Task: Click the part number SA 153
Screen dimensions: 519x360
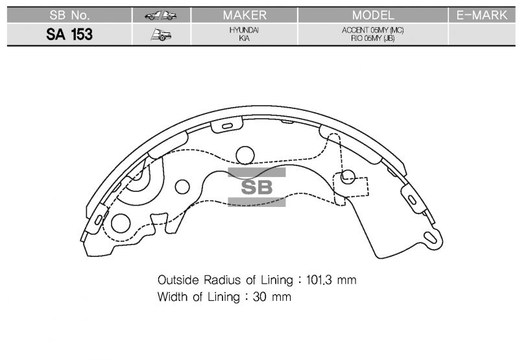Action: click(69, 34)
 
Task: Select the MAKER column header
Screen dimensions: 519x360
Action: click(245, 15)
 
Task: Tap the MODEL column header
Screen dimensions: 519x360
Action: click(373, 15)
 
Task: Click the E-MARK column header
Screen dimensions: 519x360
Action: click(482, 15)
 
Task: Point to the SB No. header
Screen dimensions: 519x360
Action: click(69, 15)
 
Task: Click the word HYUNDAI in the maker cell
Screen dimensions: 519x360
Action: click(244, 30)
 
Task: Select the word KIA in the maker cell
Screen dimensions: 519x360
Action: click(245, 38)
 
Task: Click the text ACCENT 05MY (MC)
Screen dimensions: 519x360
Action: click(372, 30)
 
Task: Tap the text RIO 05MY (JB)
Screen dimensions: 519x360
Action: click(372, 38)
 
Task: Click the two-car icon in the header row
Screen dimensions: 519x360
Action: click(161, 16)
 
